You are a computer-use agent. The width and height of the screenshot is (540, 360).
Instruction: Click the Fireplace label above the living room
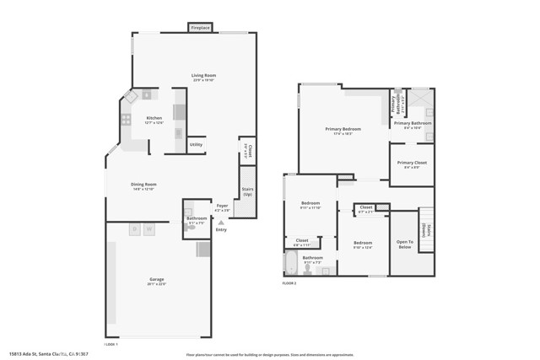[x=200, y=28]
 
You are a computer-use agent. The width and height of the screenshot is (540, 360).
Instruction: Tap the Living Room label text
[x=203, y=76]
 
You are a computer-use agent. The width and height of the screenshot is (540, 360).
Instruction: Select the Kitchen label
[x=154, y=118]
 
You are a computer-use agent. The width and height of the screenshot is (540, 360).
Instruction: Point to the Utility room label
[x=196, y=144]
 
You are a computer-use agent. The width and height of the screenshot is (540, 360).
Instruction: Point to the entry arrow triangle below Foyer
[x=221, y=223]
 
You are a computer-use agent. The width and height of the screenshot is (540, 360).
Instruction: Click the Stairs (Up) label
[x=247, y=192]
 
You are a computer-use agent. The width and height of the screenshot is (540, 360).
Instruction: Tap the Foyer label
[x=222, y=205]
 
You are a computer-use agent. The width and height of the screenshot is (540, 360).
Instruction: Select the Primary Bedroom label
[x=343, y=129]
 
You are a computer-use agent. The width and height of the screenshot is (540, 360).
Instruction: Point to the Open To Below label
[x=404, y=244]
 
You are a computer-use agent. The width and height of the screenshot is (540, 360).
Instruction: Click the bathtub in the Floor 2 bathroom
[x=292, y=266]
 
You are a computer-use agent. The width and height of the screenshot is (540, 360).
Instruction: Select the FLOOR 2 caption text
[x=289, y=283]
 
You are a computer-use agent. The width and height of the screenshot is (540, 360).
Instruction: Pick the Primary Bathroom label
[x=413, y=124]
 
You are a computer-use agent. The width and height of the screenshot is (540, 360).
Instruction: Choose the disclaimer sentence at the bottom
[x=269, y=353]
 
